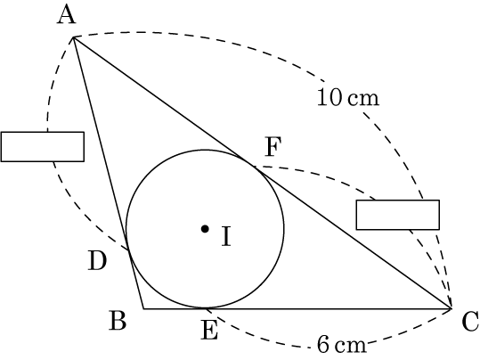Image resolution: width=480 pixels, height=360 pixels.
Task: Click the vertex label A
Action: pyautogui.click(x=66, y=16)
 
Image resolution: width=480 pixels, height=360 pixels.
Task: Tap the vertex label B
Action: pyautogui.click(x=118, y=320)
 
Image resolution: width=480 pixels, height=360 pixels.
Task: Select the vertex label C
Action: pyautogui.click(x=470, y=321)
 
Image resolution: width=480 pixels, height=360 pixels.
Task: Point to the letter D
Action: pyautogui.click(x=97, y=261)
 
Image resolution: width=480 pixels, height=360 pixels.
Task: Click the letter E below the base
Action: pyautogui.click(x=209, y=330)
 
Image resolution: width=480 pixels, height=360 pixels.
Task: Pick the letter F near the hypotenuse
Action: pyautogui.click(x=273, y=147)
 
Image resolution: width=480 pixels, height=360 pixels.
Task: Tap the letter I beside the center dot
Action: pyautogui.click(x=226, y=236)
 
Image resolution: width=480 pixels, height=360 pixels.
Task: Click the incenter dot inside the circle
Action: pyautogui.click(x=205, y=228)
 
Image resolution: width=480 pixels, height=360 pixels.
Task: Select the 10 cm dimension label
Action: pyautogui.click(x=348, y=98)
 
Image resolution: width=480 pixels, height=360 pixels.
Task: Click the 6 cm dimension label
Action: pyautogui.click(x=341, y=344)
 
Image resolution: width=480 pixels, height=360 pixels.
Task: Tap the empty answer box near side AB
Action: pyautogui.click(x=43, y=147)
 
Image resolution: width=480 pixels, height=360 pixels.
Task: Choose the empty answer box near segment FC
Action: pyautogui.click(x=398, y=215)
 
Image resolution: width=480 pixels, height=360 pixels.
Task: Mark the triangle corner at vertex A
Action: pyautogui.click(x=73, y=37)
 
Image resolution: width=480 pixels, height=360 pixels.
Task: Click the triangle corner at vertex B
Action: pyautogui.click(x=143, y=308)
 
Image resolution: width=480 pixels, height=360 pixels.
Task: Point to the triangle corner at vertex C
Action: pyautogui.click(x=451, y=308)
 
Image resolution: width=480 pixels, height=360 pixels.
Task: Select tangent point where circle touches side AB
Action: pyautogui.click(x=129, y=250)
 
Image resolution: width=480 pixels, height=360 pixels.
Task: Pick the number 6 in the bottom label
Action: pyautogui.click(x=323, y=344)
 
